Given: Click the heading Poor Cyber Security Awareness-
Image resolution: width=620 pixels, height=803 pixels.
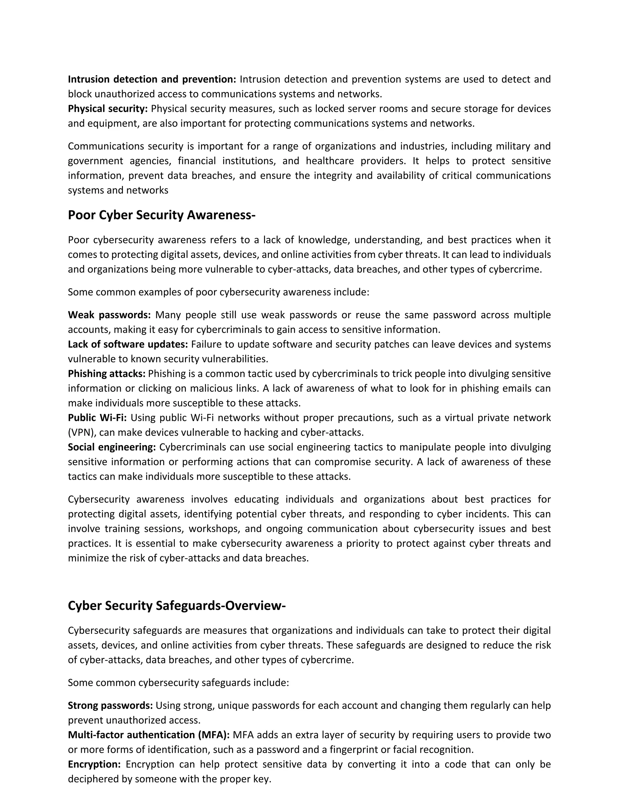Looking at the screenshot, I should pyautogui.click(x=161, y=215).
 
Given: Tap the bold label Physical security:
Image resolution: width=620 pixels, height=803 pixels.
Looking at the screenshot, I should pyautogui.click(x=107, y=108).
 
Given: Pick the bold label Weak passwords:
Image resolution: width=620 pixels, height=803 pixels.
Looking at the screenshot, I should pyautogui.click(x=109, y=315).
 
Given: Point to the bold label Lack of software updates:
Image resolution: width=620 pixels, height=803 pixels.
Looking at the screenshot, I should pyautogui.click(x=128, y=344).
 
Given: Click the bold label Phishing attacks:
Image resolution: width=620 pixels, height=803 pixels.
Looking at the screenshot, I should pyautogui.click(x=107, y=374).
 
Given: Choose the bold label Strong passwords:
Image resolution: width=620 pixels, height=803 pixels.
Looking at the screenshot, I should pyautogui.click(x=110, y=705).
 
